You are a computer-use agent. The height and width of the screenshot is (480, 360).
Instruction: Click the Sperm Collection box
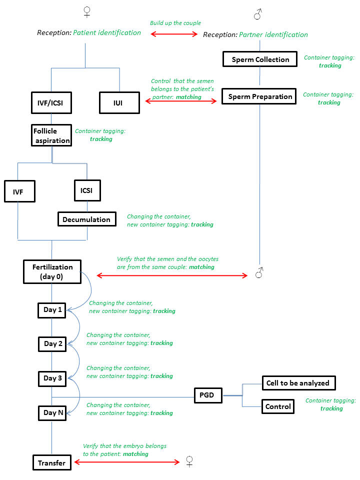[x=260, y=59]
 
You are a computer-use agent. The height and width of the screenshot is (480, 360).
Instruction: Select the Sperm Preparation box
[x=259, y=96]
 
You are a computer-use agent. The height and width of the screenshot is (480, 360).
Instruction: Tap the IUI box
[x=119, y=103]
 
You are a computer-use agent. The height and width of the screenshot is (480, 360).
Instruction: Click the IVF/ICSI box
[x=51, y=103]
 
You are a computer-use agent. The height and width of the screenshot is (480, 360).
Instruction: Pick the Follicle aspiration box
[x=51, y=135]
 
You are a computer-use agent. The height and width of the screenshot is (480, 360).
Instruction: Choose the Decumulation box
[x=87, y=219]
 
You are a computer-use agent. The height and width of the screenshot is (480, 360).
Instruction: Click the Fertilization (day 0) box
[x=52, y=272]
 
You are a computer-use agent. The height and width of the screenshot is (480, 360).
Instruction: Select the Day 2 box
[x=52, y=344]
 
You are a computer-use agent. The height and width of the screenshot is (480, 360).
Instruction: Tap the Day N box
[x=52, y=413]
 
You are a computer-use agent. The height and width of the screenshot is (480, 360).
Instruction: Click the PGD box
[x=208, y=395]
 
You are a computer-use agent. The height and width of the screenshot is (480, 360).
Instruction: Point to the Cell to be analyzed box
[x=299, y=383]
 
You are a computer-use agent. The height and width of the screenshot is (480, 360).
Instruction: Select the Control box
[x=278, y=406]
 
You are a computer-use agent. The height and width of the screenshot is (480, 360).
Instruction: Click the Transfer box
[x=52, y=462]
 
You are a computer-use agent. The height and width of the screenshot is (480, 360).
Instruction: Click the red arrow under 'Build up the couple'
[x=174, y=34]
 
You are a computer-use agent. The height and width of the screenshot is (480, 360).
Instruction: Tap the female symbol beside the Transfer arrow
[x=189, y=461]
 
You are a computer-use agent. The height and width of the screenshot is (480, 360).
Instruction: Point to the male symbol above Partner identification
[x=258, y=14]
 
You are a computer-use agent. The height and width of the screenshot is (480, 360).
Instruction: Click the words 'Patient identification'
[x=107, y=33]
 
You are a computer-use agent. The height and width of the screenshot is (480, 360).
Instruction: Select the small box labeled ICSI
[x=87, y=190]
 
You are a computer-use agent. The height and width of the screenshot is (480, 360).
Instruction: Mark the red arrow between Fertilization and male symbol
[x=172, y=276]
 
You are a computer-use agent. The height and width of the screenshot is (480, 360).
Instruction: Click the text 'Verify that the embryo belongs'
[x=124, y=446]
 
